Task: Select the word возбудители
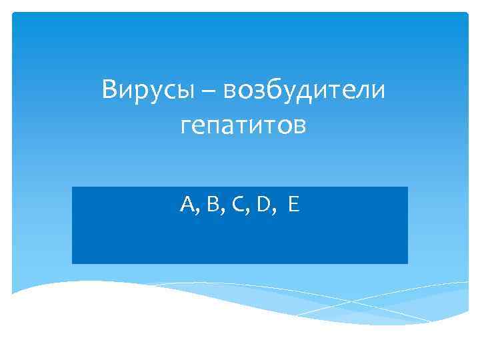tap(305, 89)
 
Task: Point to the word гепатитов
tap(243, 125)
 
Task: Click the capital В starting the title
tap(110, 89)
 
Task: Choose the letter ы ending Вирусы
tap(185, 91)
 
